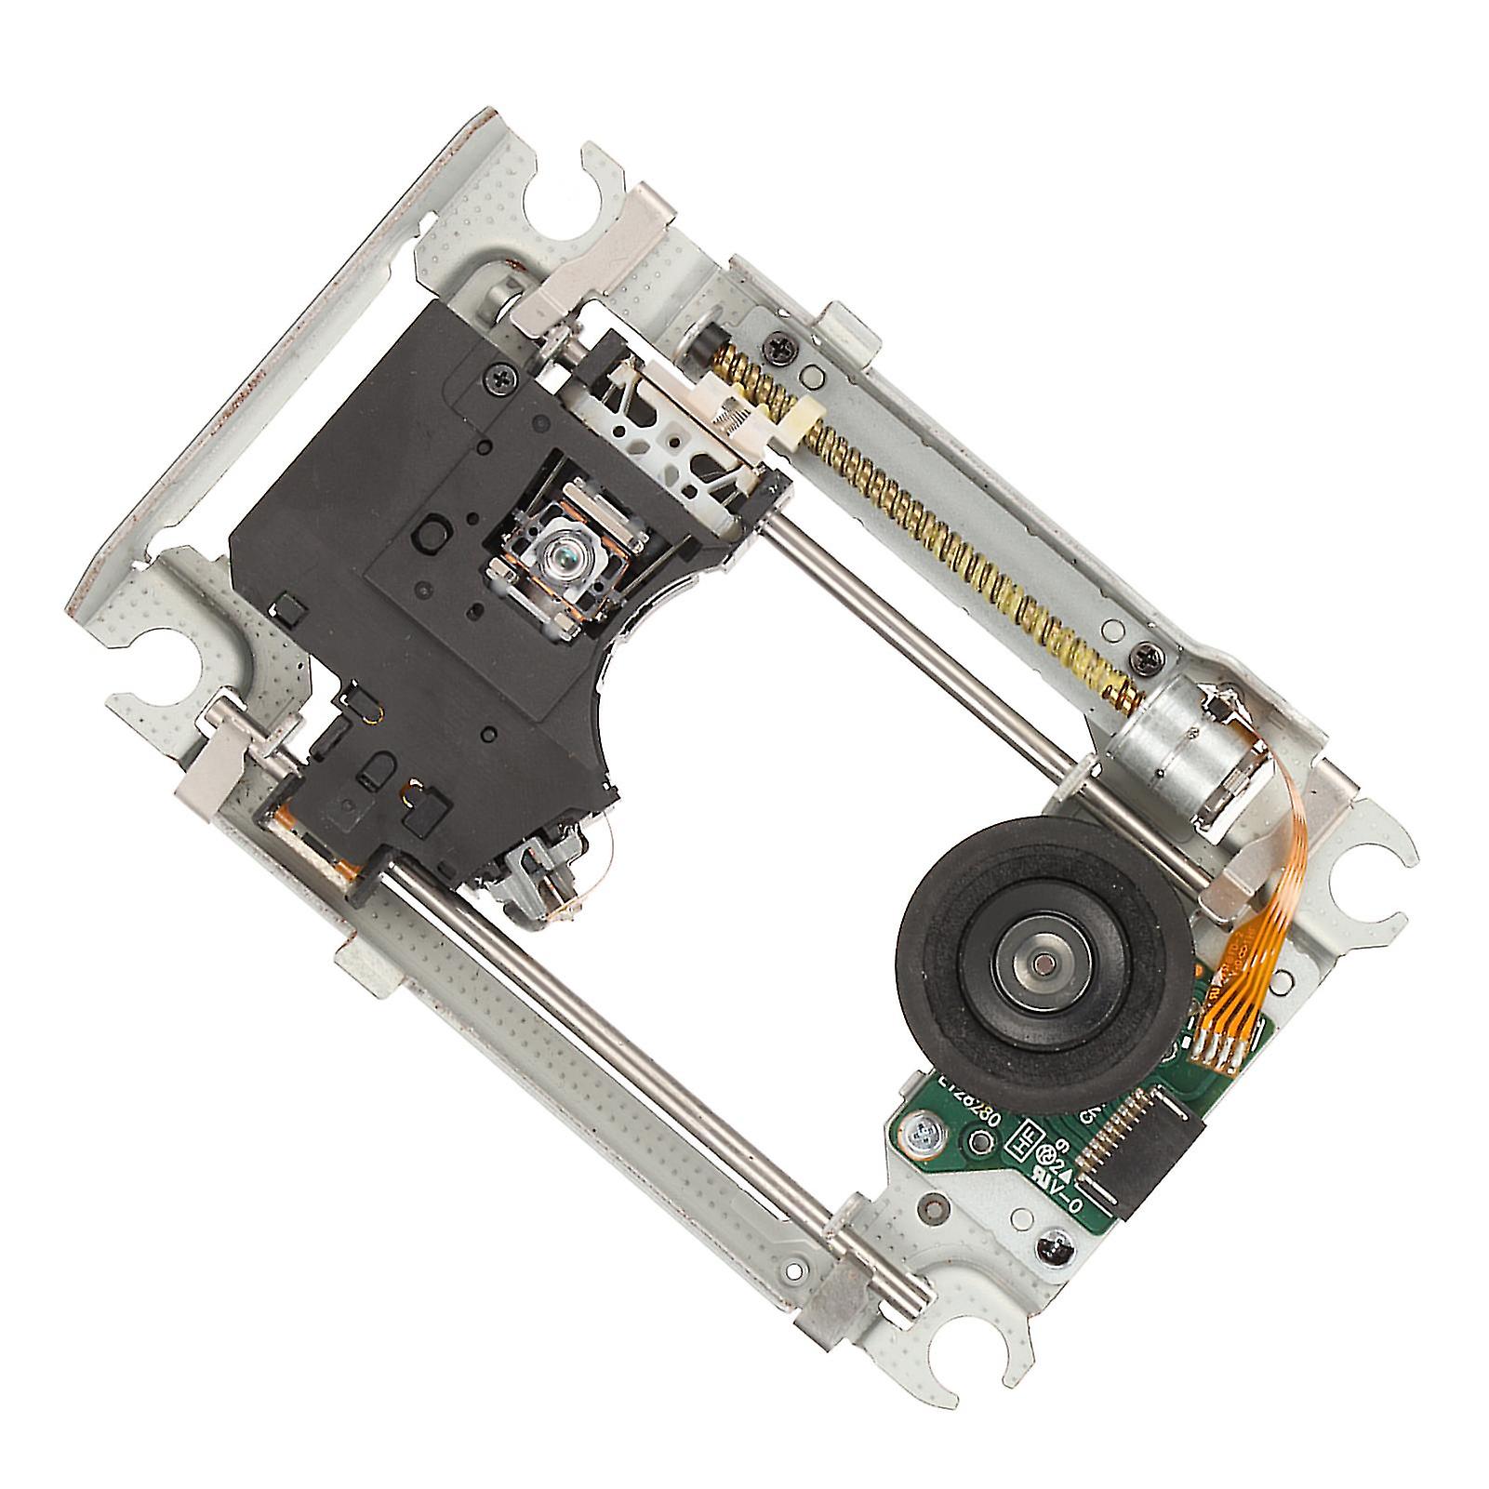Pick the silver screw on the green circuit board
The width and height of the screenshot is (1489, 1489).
pyautogui.click(x=924, y=1134)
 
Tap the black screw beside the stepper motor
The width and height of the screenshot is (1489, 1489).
pyautogui.click(x=1146, y=658)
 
